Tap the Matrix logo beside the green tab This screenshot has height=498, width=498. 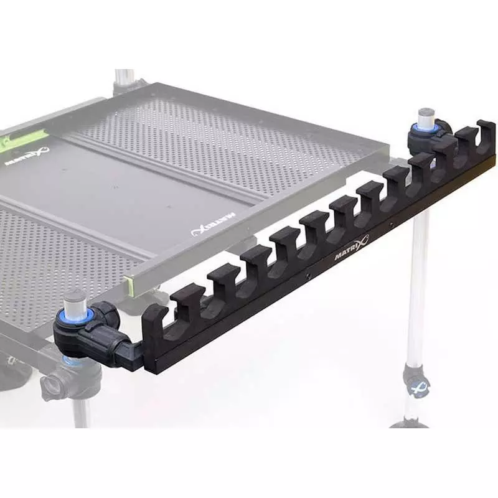pyautogui.click(x=27, y=155)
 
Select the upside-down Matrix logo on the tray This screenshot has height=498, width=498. pyautogui.click(x=214, y=225)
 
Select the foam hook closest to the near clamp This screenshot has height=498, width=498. pyautogui.click(x=156, y=321)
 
